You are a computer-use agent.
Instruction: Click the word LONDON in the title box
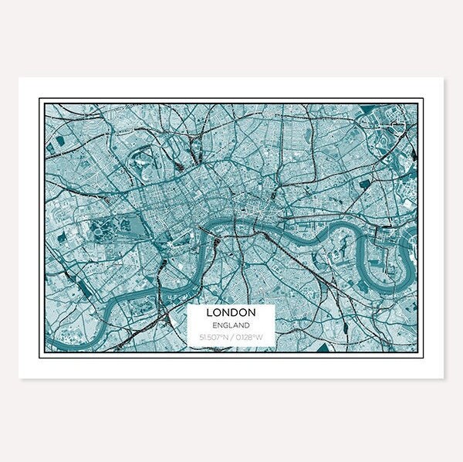(231, 314)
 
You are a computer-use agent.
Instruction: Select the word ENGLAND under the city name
(231, 325)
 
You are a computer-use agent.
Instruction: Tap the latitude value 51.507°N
(212, 337)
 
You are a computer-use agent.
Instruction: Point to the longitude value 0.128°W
(248, 337)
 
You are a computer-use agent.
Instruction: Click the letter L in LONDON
(210, 314)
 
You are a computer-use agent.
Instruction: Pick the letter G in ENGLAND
(225, 325)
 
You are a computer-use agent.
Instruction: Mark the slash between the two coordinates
(229, 337)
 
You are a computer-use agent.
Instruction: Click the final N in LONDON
(252, 314)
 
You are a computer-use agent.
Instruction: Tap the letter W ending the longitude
(260, 337)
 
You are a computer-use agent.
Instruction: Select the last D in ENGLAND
(246, 325)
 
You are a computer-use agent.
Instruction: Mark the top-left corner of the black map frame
(41, 100)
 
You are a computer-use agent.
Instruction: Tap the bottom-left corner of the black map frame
(41, 356)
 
